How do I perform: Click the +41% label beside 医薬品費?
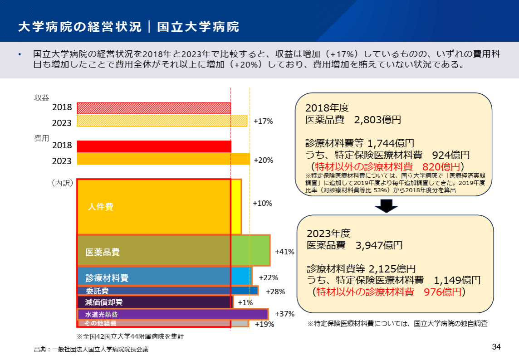284,252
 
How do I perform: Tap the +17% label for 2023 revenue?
263,122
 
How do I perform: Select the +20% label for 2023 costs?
263,160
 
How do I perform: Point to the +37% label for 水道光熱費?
285,314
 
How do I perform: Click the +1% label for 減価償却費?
245,302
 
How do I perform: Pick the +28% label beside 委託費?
275,291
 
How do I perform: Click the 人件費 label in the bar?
100,207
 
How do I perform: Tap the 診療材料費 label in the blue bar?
107,278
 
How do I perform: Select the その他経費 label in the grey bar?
100,324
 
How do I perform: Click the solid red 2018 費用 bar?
154,146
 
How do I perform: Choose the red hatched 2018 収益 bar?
154,108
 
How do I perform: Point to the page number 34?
496,347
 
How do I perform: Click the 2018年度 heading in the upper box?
327,108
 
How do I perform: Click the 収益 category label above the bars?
42,97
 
